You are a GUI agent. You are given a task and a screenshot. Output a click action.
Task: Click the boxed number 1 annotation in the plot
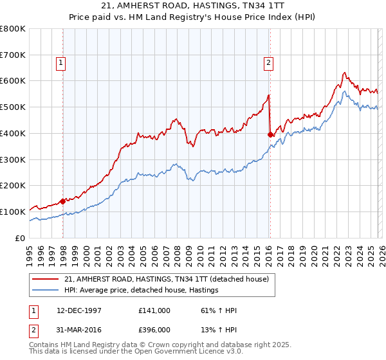click(x=60, y=63)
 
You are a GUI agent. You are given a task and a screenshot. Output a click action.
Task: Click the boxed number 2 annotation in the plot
click(x=268, y=63)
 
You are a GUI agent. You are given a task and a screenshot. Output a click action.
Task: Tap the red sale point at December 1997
click(x=63, y=201)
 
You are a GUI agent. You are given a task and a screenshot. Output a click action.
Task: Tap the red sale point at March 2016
click(x=270, y=134)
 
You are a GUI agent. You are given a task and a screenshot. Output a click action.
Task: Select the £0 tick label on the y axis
click(x=21, y=238)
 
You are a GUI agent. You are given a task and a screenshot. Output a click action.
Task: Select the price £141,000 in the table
click(x=154, y=310)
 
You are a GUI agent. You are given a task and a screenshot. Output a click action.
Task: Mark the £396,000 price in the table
click(x=154, y=330)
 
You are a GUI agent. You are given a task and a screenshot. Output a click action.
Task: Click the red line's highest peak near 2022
click(x=345, y=73)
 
